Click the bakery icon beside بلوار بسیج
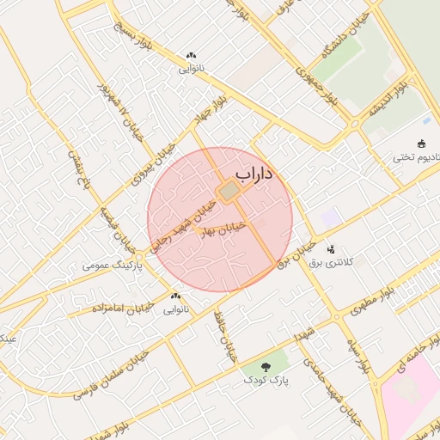click(x=190, y=56)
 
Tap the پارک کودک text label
click(x=265, y=379)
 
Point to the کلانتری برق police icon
click(x=332, y=248)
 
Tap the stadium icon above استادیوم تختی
click(x=421, y=144)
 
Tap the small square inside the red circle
click(x=229, y=191)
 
